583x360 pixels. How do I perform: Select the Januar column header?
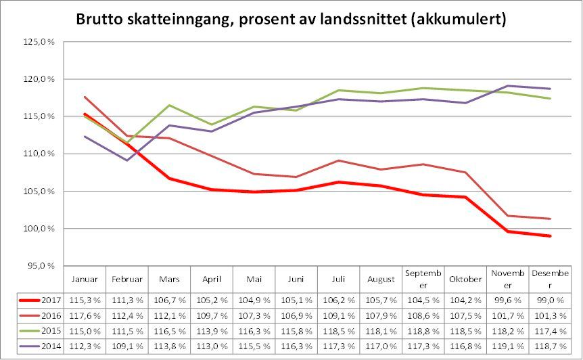(x=85, y=279)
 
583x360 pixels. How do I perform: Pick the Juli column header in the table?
(x=339, y=279)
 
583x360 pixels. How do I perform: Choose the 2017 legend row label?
(x=51, y=299)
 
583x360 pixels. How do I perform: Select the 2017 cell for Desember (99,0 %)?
(x=550, y=299)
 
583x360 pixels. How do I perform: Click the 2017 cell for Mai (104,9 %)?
(x=254, y=299)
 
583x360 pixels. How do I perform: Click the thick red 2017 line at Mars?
(x=169, y=179)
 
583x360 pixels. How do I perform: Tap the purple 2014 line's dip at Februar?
(x=127, y=160)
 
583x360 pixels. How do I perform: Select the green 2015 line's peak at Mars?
(x=169, y=105)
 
